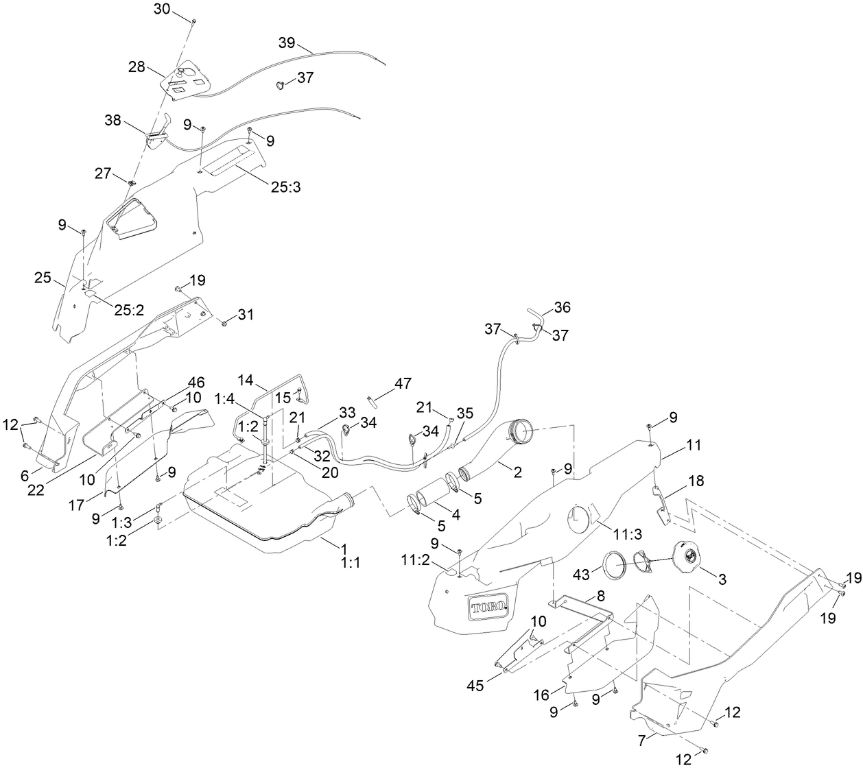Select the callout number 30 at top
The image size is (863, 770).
pos(161,9)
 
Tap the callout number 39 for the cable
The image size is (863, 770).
pos(287,43)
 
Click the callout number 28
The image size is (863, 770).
pos(137,67)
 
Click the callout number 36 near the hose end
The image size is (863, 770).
pos(563,307)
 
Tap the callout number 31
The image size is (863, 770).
pos(246,314)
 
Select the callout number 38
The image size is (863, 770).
pos(113,121)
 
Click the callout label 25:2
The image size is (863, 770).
pos(129,310)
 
